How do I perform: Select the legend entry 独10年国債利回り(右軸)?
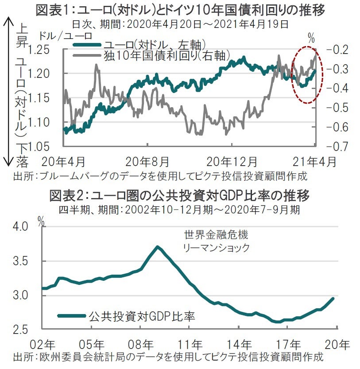pyautogui.click(x=167, y=55)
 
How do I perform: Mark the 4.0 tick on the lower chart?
pyautogui.click(x=23, y=227)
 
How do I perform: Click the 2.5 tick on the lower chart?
pyautogui.click(x=23, y=329)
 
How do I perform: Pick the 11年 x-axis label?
pyautogui.click(x=189, y=345)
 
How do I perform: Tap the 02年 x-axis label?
pyautogui.click(x=43, y=345)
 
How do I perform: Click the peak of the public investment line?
pyautogui.click(x=157, y=247)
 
